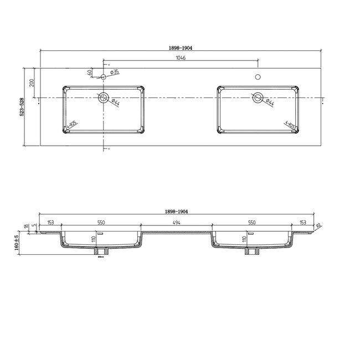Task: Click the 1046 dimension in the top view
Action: tap(180, 58)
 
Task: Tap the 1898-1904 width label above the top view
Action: tap(180, 48)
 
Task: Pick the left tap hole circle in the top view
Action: tap(104, 76)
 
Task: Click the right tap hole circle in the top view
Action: tap(257, 76)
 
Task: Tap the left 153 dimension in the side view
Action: tap(51, 222)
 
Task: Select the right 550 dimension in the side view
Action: tap(251, 222)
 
